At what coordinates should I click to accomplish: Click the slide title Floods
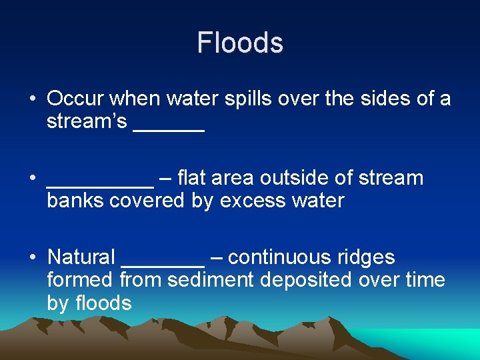[240, 43]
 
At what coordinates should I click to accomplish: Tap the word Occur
[75, 99]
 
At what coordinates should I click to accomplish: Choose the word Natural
[81, 257]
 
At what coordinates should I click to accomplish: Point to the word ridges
[367, 257]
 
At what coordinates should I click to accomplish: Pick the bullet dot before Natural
[32, 257]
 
